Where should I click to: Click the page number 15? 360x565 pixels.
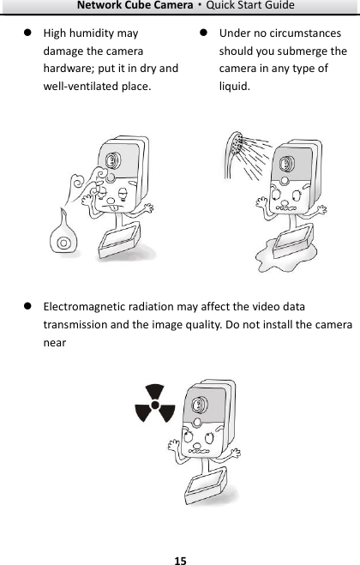(x=180, y=561)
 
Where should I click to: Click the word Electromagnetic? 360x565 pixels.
(x=87, y=306)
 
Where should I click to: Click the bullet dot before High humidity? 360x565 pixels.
(x=27, y=33)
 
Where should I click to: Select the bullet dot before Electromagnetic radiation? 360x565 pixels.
(x=27, y=306)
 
